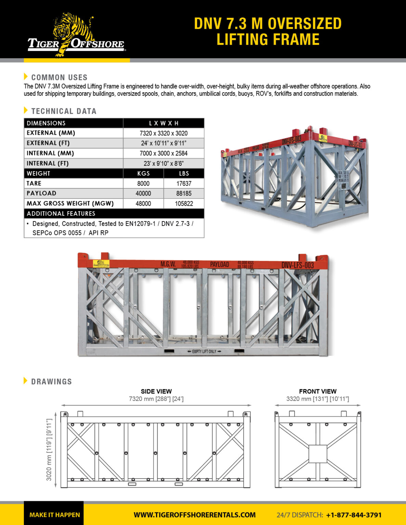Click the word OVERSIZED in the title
tap(304, 24)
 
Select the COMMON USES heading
tap(59, 78)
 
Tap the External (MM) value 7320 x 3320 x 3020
tap(163, 133)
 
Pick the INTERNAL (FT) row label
tap(48, 163)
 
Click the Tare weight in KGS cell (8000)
tap(143, 184)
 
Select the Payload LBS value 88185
tap(184, 193)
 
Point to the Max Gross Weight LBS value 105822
tap(184, 204)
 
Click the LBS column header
tap(184, 174)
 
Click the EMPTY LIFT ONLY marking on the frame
tap(204, 351)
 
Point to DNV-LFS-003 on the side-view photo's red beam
tap(297, 265)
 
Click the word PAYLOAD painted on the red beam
tap(219, 265)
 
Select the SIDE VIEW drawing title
tap(156, 391)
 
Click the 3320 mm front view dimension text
tap(317, 399)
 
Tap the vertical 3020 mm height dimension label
tap(49, 449)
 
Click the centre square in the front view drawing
tap(318, 454)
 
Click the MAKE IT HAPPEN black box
tap(54, 514)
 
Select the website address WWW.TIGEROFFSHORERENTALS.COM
tap(194, 515)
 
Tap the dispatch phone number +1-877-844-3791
tap(354, 515)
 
